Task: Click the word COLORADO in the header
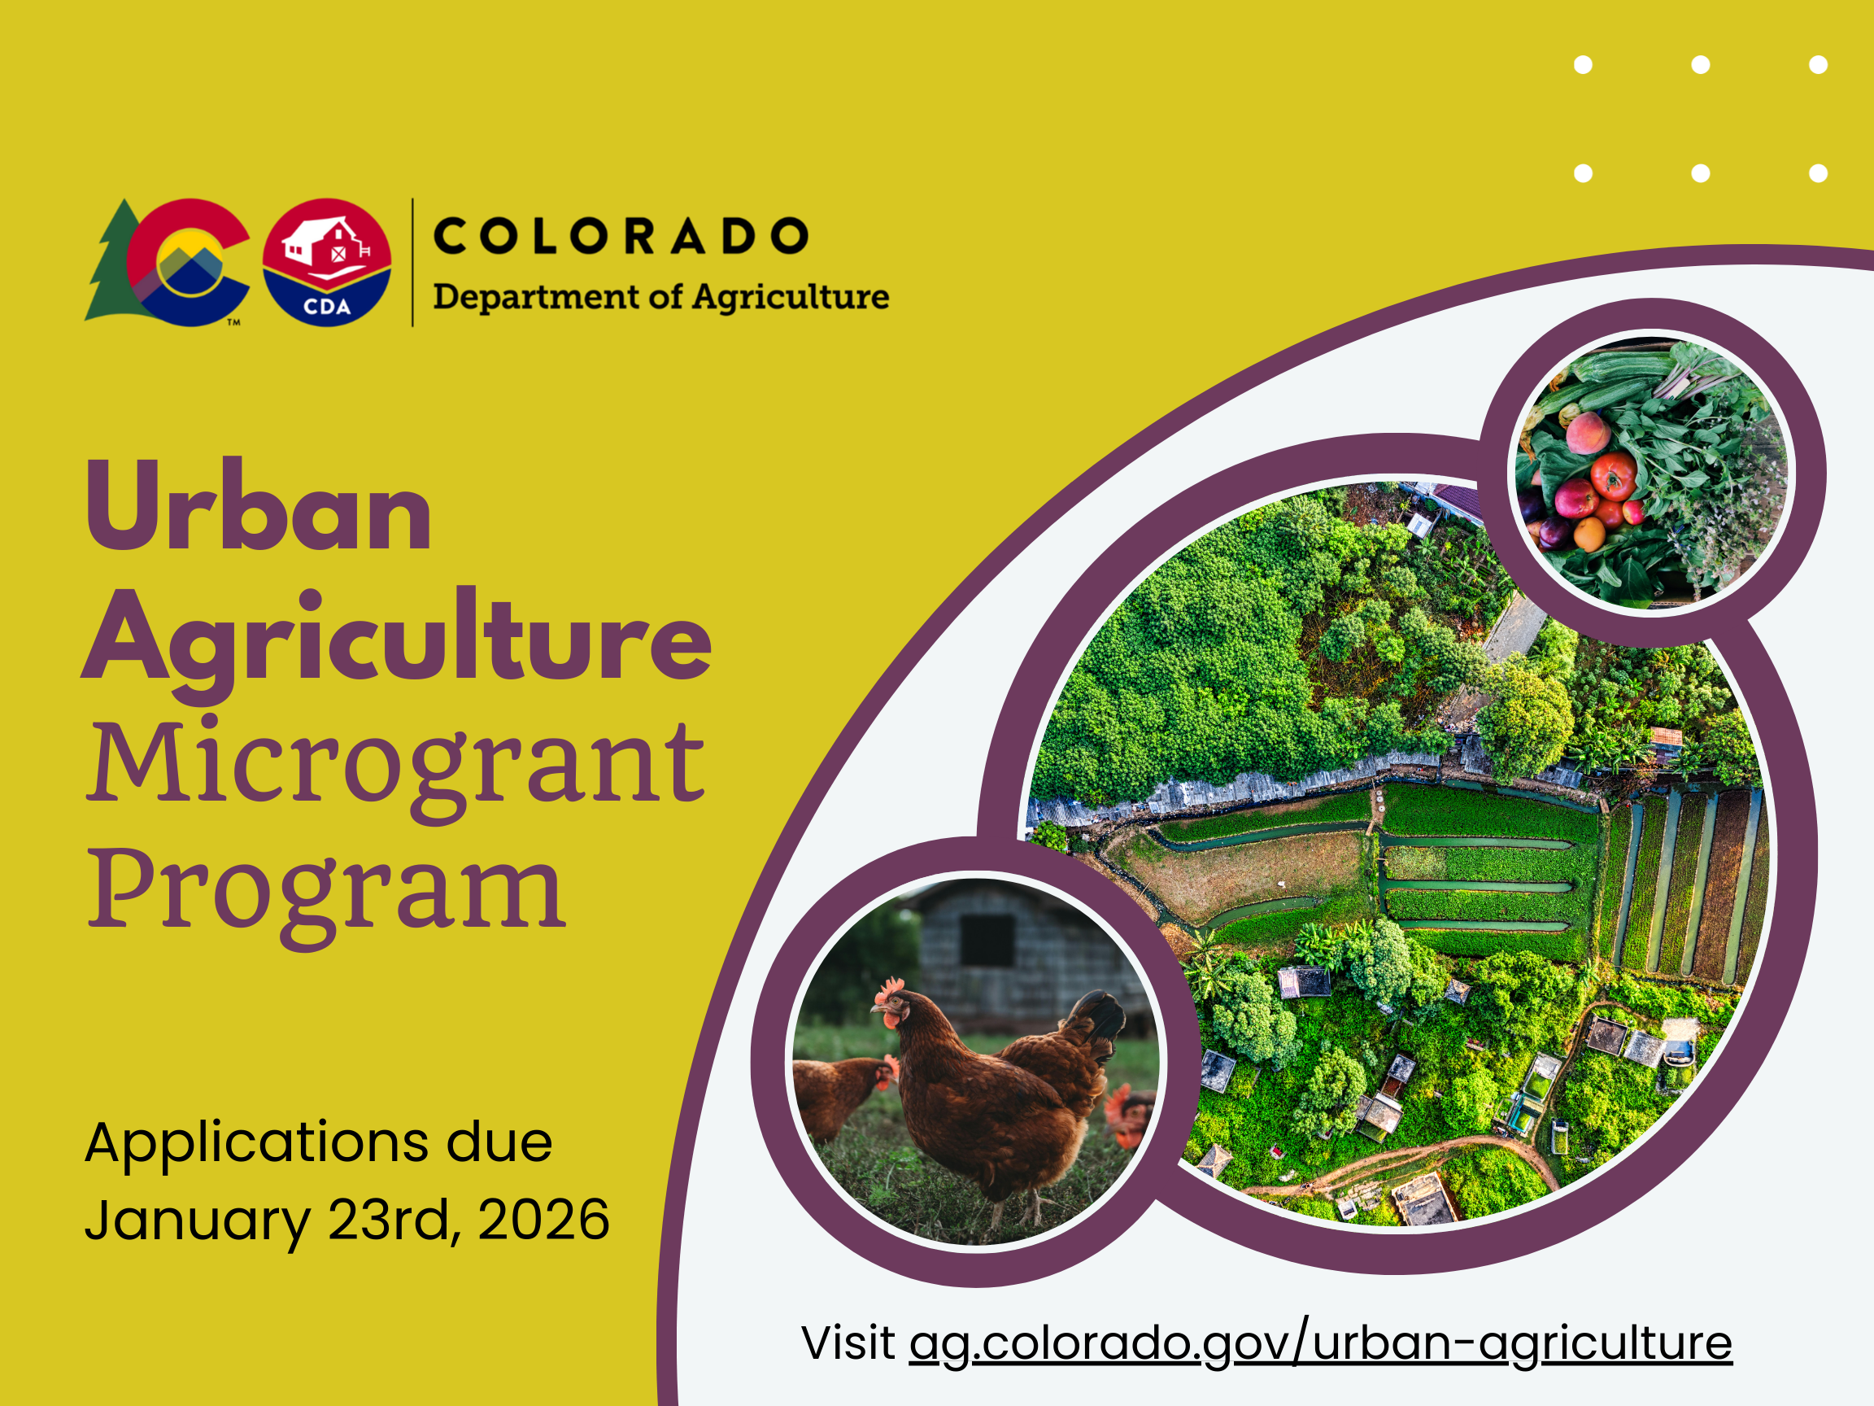621,236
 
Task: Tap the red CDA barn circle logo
327,262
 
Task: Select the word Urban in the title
259,506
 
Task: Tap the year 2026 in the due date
544,1220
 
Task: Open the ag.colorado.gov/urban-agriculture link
1321,1344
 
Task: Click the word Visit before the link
848,1343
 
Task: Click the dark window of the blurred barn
987,940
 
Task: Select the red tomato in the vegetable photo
1614,475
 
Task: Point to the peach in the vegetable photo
1588,432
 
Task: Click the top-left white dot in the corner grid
1584,64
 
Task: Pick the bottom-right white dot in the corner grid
1818,172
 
